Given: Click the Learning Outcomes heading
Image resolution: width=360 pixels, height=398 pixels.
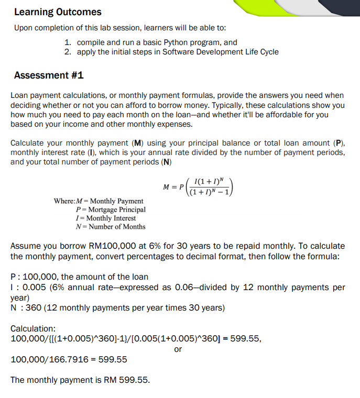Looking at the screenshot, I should pos(58,12).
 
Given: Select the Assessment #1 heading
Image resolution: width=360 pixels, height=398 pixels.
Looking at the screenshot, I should pos(49,75).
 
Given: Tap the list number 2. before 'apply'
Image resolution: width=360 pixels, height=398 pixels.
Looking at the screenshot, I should pos(68,52).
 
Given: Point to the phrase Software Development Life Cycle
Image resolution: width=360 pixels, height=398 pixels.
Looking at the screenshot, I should pos(221,52).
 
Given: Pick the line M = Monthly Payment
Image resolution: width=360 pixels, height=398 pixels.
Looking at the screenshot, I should pos(99,201).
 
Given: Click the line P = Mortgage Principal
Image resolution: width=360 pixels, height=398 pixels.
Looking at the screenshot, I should pos(111,209).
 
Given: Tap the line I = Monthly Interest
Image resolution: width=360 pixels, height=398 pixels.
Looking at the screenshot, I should pos(106,218).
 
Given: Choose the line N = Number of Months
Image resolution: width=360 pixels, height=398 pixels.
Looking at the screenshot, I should pos(111,226).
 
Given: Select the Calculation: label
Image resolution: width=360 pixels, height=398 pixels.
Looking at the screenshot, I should pos(33,328).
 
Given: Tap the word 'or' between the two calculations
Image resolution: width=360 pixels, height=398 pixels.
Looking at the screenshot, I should pos(178,349).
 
